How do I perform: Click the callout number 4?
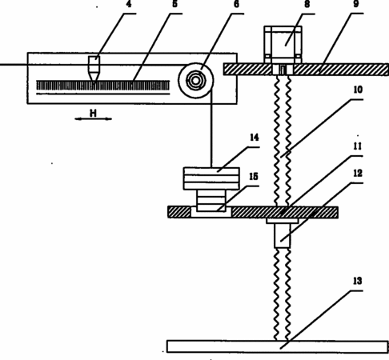[129, 4]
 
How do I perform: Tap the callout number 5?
[174, 4]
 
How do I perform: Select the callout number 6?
[236, 4]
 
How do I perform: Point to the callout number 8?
[307, 4]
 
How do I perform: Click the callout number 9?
[356, 4]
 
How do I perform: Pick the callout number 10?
[358, 90]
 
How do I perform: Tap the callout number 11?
[358, 146]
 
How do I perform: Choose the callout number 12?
[358, 174]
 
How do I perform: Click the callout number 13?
[358, 281]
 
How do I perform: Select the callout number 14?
[255, 138]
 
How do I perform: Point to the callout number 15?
[254, 176]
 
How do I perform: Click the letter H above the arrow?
[93, 114]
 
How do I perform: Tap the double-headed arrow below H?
[93, 119]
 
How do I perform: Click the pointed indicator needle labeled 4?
[94, 69]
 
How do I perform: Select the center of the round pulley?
[196, 81]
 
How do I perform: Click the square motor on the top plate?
[283, 45]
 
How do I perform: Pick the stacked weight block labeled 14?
[211, 178]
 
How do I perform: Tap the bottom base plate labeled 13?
[278, 346]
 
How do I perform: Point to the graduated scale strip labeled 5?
[103, 86]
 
